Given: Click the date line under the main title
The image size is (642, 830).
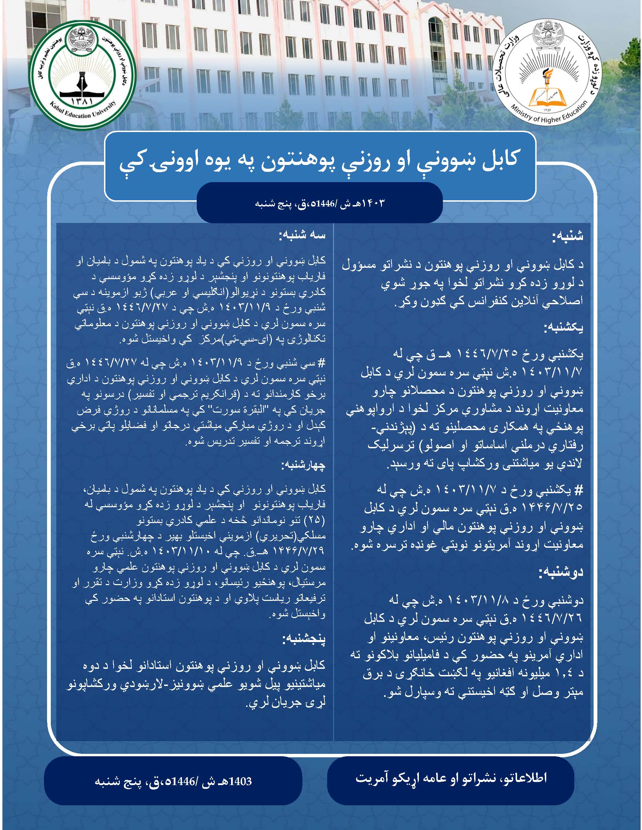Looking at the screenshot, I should click(x=320, y=203).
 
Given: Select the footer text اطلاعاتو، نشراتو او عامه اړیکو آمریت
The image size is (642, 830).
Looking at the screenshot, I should click(x=451, y=778).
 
